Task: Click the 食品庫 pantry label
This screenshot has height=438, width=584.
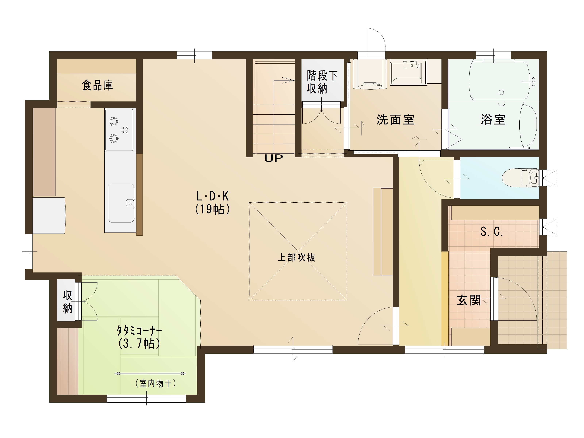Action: click(97, 85)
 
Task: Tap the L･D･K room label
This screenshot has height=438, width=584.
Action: click(212, 196)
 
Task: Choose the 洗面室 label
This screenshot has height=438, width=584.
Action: click(395, 120)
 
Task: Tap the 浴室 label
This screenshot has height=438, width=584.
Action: click(493, 120)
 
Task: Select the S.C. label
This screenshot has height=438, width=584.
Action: click(492, 232)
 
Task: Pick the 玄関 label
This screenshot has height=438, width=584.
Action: click(469, 300)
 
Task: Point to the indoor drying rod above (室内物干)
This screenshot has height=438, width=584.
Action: click(150, 373)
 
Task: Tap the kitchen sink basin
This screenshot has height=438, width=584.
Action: click(121, 203)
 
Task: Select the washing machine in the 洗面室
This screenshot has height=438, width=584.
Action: click(370, 74)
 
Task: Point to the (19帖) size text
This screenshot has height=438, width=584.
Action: click(212, 209)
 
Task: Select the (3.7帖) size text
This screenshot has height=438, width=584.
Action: click(139, 343)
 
